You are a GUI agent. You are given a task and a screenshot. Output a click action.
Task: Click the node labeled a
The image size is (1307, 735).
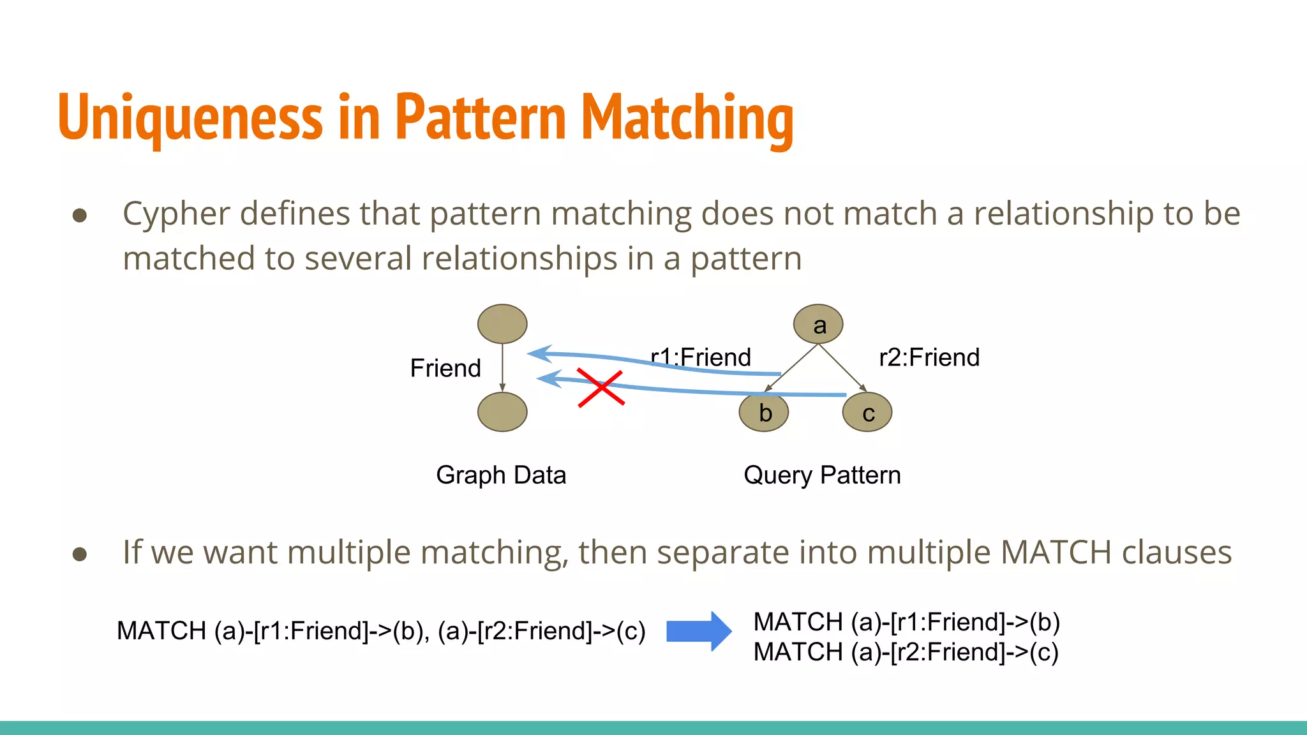point(818,324)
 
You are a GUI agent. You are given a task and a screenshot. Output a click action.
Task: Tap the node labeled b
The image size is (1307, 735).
point(764,412)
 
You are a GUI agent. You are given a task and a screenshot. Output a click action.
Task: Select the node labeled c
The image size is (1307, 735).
point(867,412)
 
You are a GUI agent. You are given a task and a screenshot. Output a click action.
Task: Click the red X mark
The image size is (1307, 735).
point(601,387)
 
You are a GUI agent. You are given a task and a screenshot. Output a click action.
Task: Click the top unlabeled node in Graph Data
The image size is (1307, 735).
point(502,323)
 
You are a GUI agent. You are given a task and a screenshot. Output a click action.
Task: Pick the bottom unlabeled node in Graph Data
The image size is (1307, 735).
point(502,412)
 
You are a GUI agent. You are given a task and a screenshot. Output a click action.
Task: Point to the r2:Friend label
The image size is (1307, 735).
point(929,357)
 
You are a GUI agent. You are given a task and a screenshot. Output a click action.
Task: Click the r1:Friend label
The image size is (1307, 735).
point(701,357)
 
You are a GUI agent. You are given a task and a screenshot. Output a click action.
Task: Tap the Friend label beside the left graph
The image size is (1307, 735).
point(445,368)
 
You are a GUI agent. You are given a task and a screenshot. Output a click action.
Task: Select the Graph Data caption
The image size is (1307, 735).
point(501,475)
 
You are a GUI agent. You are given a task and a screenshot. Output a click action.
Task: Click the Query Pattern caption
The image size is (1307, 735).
point(822,475)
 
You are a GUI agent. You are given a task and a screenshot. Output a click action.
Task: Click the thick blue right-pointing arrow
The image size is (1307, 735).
point(698,631)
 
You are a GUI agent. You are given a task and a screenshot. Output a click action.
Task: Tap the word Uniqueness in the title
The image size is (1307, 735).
point(190,118)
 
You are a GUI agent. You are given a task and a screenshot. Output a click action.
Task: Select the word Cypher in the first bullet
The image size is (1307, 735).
point(176,214)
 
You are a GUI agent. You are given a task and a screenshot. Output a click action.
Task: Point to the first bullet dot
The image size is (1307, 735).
point(80,215)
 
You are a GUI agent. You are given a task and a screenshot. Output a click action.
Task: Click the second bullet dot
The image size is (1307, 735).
point(80,553)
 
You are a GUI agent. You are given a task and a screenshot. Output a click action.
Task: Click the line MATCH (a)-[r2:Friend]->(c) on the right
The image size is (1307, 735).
point(906,652)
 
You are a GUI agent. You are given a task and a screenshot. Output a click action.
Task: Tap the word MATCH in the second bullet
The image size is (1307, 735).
point(1056,553)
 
